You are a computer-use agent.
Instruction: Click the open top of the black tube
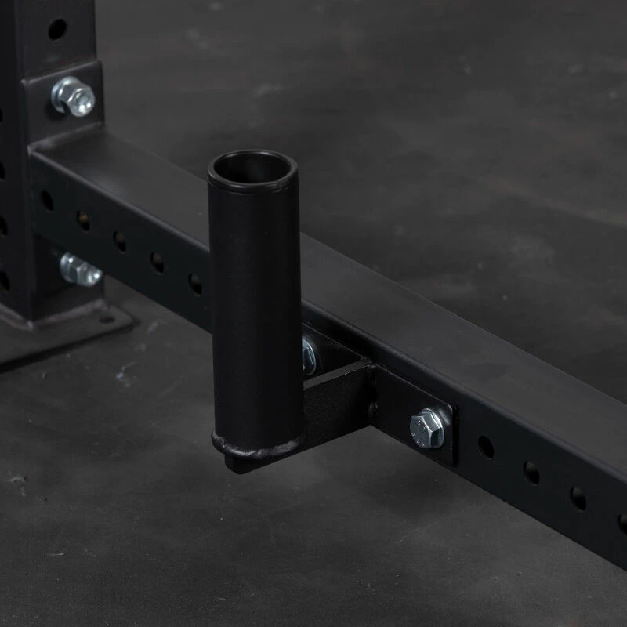[252, 168]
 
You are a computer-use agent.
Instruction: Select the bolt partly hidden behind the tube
[310, 354]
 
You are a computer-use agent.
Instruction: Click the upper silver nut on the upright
[74, 96]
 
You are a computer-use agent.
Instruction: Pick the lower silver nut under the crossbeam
[80, 270]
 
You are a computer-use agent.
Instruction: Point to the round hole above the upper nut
[57, 30]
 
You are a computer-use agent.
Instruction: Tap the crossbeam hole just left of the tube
[195, 284]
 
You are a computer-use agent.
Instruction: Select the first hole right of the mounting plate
[486, 447]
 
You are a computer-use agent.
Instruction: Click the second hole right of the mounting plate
[531, 473]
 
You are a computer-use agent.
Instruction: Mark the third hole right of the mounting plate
[578, 498]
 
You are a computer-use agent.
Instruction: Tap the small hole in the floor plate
[106, 318]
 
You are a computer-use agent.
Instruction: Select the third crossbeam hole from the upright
[120, 241]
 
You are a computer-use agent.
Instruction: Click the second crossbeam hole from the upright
[83, 221]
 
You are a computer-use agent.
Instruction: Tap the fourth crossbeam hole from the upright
[158, 263]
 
